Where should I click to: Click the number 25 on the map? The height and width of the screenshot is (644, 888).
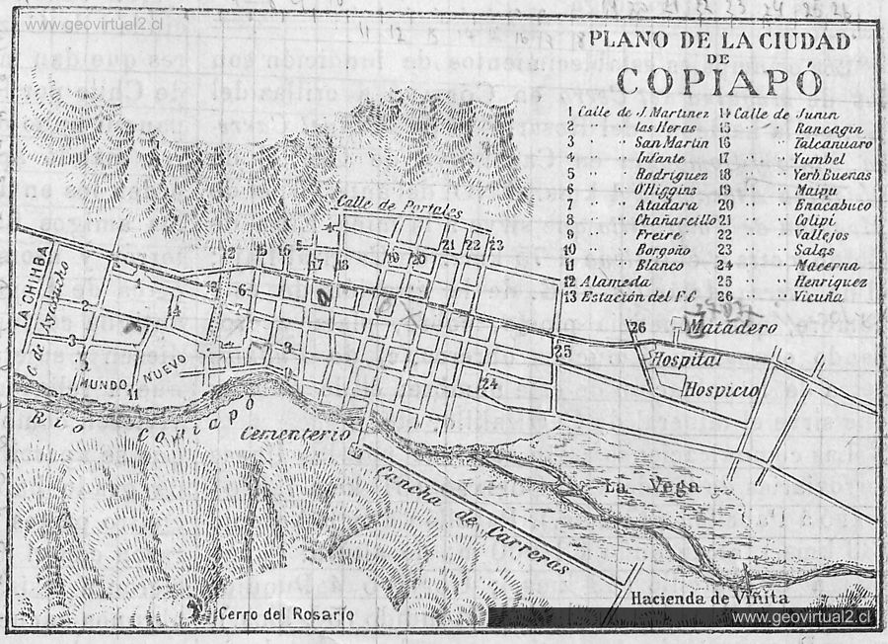(563, 350)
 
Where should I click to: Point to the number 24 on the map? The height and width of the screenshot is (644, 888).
(490, 384)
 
